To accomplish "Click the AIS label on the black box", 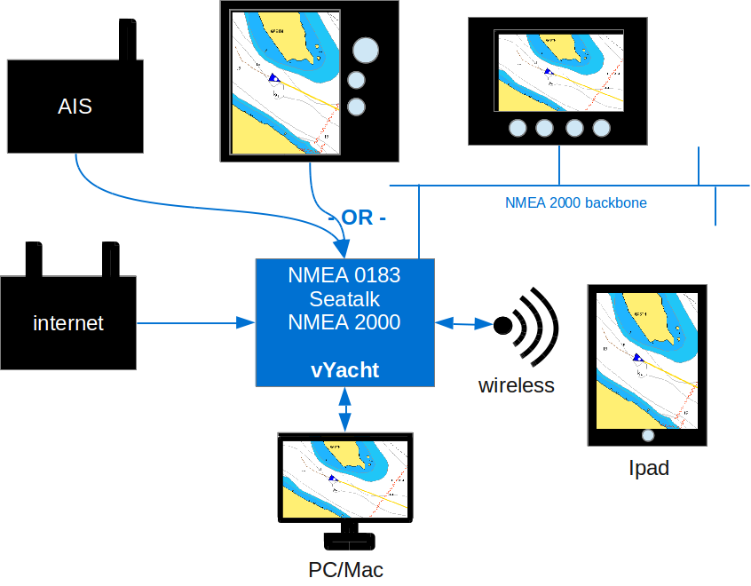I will pyautogui.click(x=75, y=107).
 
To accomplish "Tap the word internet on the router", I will pyautogui.click(x=68, y=323).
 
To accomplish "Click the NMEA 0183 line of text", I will pyautogui.click(x=344, y=275).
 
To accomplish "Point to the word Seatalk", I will pyautogui.click(x=344, y=298).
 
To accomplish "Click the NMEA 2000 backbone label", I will pyautogui.click(x=575, y=202).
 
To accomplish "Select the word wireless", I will pyautogui.click(x=516, y=385).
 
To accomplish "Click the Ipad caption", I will pyautogui.click(x=648, y=468).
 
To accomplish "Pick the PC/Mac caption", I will pyautogui.click(x=346, y=569).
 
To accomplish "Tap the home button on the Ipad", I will pyautogui.click(x=648, y=435).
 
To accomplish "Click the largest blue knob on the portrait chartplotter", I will pyautogui.click(x=365, y=50).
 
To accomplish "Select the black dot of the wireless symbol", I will pyautogui.click(x=503, y=325).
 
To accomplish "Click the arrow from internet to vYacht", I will pyautogui.click(x=195, y=323).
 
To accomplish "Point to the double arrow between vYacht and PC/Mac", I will pyautogui.click(x=344, y=409).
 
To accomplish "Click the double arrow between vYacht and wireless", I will pyautogui.click(x=463, y=324).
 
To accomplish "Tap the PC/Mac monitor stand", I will pyautogui.click(x=345, y=536).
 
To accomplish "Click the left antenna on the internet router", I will pyautogui.click(x=34, y=258).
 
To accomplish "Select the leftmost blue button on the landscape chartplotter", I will pyautogui.click(x=518, y=129).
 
